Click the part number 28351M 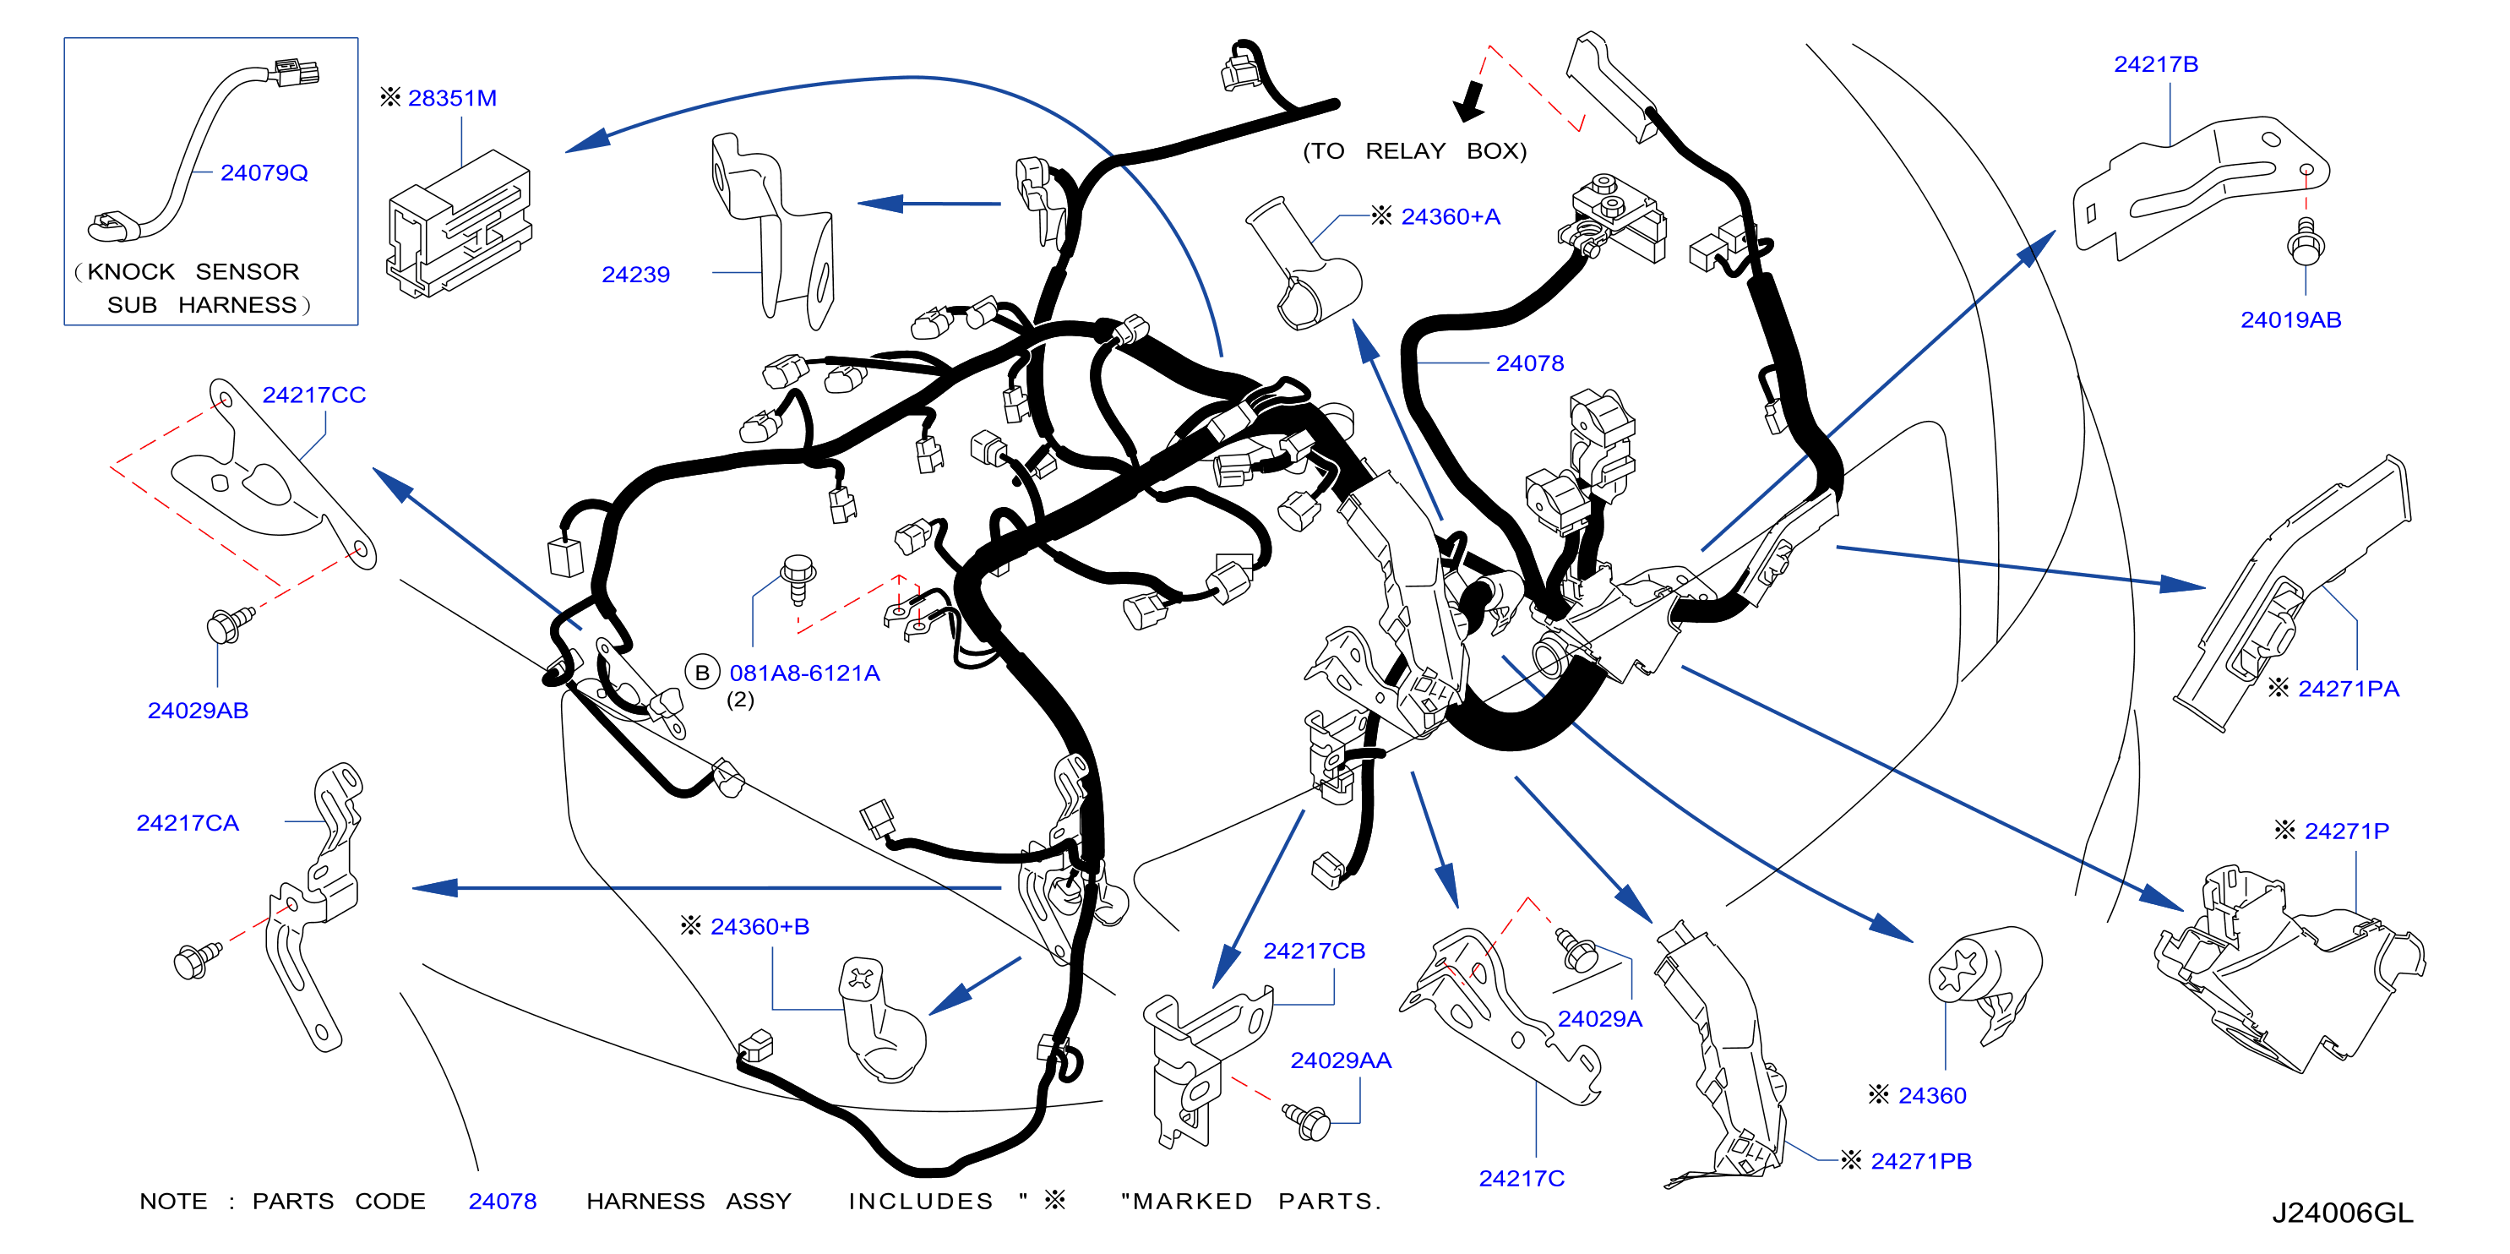point(452,98)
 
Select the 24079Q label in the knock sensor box point(264,172)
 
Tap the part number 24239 point(635,275)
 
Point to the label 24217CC point(313,395)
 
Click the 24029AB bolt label point(198,711)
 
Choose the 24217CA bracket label point(187,823)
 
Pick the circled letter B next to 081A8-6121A point(701,673)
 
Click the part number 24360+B point(760,927)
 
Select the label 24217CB point(1315,951)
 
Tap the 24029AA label point(1341,1060)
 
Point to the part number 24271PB point(1921,1161)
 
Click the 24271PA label point(2349,689)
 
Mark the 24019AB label point(2290,319)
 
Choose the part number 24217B point(2156,64)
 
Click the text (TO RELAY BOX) point(1415,151)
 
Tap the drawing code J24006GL point(2344,1213)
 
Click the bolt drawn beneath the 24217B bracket point(2306,242)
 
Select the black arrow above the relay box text point(1468,101)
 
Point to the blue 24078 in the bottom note point(503,1202)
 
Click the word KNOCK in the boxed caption point(132,272)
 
